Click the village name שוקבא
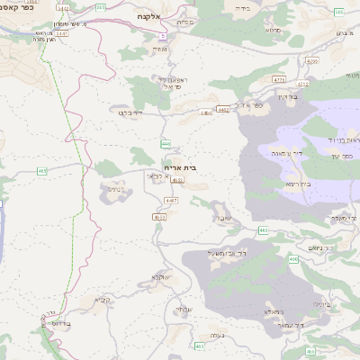click(161, 275)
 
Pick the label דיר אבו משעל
click(213, 254)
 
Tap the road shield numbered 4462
click(222, 110)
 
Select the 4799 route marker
click(312, 61)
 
